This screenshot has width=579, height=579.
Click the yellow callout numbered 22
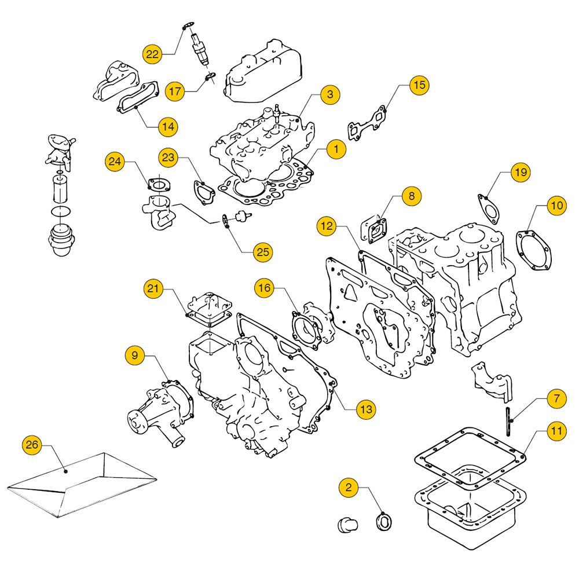[152, 54]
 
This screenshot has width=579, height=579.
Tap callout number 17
[175, 91]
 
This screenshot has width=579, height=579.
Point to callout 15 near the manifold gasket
[419, 85]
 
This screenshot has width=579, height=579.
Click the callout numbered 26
[32, 445]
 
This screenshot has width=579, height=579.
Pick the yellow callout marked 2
[349, 487]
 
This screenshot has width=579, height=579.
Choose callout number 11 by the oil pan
[556, 430]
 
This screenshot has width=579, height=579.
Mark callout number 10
[556, 205]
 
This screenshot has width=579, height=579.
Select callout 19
[521, 172]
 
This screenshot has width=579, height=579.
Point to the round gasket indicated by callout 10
[534, 250]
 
